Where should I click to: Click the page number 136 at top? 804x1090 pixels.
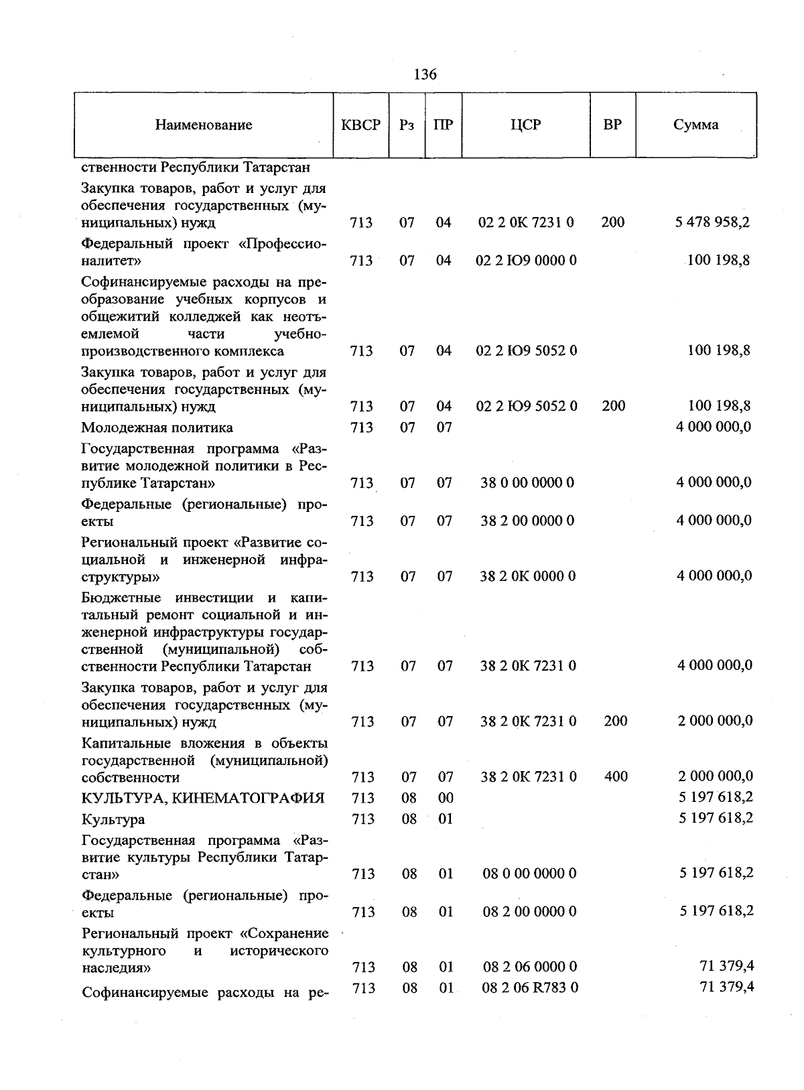425,74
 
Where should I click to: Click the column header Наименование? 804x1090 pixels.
204,125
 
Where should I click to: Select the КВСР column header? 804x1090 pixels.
360,125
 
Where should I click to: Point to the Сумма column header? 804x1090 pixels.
696,125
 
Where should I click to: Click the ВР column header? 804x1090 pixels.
612,125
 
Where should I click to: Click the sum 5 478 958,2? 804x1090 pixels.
712,222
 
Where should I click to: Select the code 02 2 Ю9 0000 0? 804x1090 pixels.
526,261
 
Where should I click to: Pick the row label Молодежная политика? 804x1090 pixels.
157,427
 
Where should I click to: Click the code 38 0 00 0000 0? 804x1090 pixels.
527,483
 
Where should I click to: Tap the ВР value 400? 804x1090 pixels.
616,777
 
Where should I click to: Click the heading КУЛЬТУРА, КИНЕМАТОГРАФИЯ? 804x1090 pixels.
203,798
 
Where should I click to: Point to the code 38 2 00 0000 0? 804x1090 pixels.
527,521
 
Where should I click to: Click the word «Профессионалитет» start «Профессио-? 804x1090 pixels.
282,243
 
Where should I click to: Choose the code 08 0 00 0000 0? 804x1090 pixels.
529,874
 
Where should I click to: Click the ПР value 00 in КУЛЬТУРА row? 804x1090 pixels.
446,798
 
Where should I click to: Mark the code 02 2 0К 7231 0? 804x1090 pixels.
526,222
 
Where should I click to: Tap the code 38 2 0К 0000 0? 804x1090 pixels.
527,577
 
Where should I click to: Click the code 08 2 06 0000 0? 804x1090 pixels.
530,967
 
